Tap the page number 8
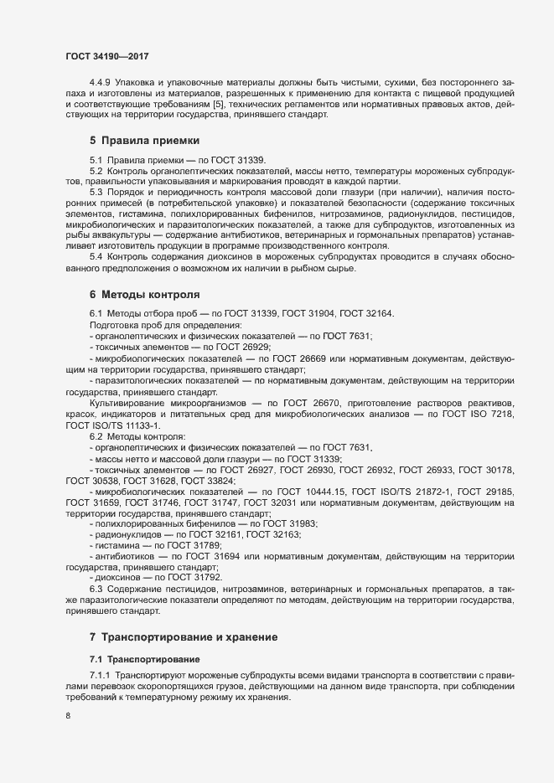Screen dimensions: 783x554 pos(68,716)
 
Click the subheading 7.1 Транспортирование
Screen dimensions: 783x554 pos(144,657)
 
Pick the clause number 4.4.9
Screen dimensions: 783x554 pos(101,81)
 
